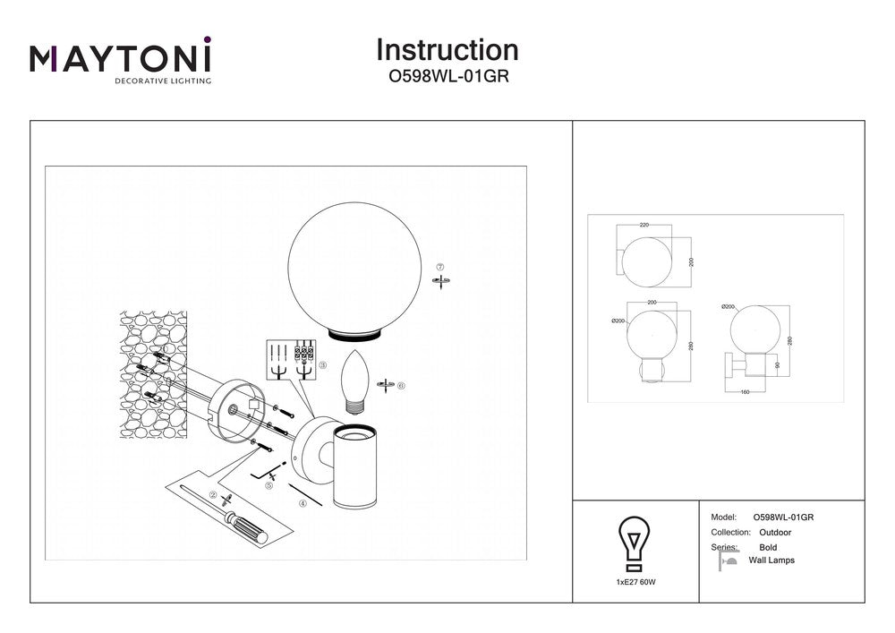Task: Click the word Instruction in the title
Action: [x=447, y=50]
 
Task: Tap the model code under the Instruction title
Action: [x=447, y=77]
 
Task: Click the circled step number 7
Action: [x=439, y=268]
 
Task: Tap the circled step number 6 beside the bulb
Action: [x=401, y=386]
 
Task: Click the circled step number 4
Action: [x=303, y=504]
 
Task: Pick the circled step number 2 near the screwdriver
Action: [x=213, y=494]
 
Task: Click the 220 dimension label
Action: [x=644, y=227]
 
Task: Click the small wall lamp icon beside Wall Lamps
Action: [x=728, y=560]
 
